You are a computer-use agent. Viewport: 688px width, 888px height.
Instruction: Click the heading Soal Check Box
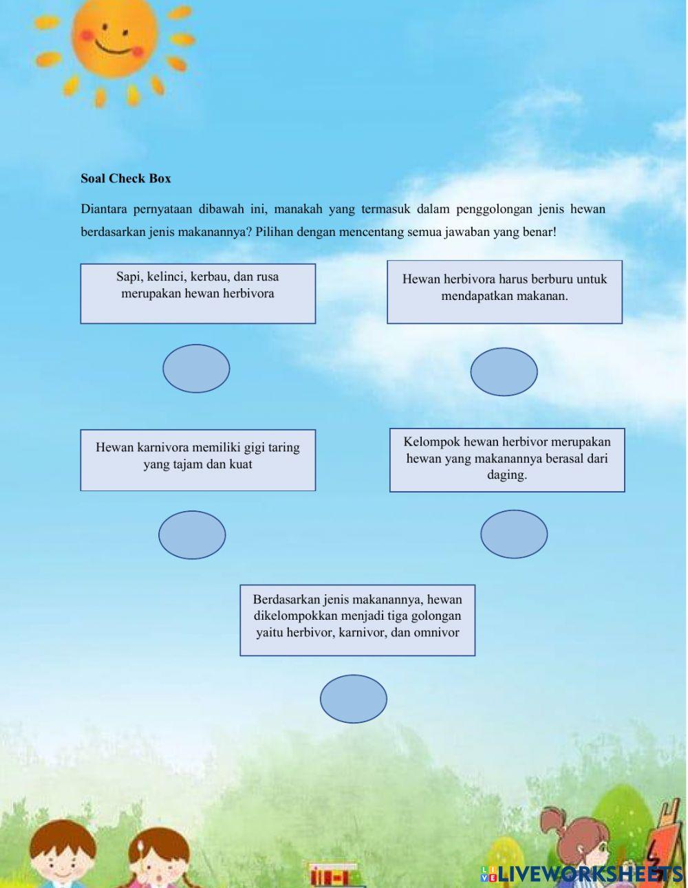click(126, 179)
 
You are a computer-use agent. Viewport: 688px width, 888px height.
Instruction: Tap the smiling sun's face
click(114, 38)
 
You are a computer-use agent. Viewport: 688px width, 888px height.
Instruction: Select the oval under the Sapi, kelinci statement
click(196, 369)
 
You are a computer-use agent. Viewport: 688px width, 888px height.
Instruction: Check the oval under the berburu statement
click(504, 372)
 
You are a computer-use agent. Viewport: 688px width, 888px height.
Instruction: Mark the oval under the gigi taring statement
click(192, 535)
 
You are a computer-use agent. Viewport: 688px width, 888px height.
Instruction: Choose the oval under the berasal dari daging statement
click(514, 534)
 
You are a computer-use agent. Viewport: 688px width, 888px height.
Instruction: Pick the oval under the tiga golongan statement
click(354, 699)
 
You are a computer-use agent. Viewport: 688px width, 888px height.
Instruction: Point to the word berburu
click(547, 279)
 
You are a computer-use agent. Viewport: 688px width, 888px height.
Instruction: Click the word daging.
click(507, 475)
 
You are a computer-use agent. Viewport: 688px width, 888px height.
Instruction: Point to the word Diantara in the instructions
click(104, 209)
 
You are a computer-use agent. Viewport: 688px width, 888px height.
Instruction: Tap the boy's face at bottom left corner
click(62, 856)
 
